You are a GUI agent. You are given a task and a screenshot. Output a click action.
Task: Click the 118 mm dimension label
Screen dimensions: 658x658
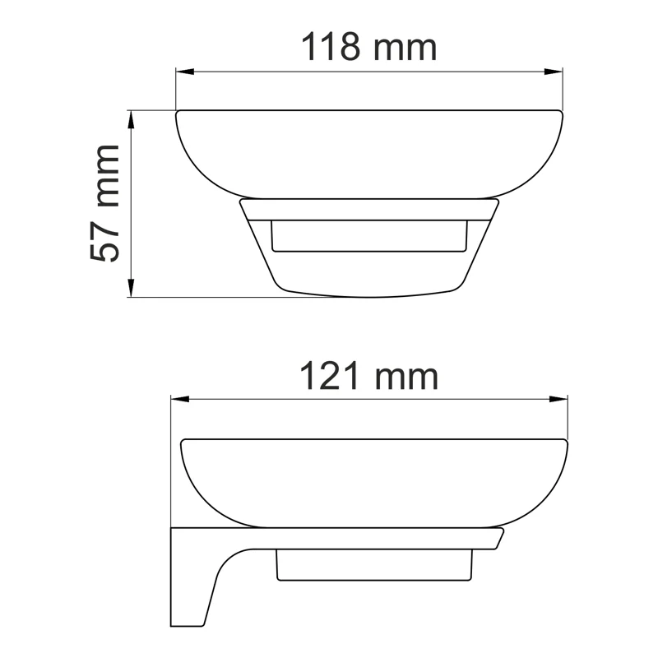click(368, 48)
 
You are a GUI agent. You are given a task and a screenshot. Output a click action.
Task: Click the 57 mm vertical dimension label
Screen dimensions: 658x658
click(105, 203)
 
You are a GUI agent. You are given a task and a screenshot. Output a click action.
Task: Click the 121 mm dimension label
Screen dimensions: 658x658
click(368, 377)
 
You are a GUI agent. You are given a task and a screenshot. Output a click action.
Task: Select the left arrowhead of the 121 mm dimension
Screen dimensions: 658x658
click(178, 400)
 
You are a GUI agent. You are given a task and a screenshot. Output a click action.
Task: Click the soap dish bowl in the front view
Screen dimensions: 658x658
click(368, 152)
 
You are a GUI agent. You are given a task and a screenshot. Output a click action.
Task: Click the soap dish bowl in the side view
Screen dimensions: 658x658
click(373, 481)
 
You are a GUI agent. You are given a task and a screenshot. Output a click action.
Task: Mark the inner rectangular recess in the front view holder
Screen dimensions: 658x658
click(368, 236)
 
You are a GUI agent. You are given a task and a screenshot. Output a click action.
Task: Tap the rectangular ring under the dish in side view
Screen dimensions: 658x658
click(375, 568)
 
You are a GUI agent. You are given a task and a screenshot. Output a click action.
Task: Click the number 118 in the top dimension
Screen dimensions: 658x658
click(332, 48)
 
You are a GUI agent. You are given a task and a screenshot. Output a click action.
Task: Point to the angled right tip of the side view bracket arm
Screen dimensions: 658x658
click(498, 539)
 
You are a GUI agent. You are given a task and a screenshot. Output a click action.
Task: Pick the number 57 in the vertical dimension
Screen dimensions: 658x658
click(105, 239)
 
